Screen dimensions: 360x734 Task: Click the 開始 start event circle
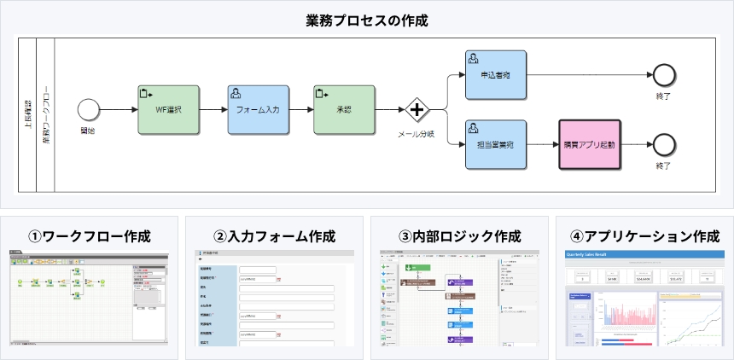88,109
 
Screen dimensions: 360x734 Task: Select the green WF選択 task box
168,110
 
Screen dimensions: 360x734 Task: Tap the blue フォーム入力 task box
258,110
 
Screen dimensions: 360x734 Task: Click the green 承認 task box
344,110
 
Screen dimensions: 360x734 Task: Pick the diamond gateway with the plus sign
417,110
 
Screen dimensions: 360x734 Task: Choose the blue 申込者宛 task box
496,75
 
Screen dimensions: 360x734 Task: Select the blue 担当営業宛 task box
496,144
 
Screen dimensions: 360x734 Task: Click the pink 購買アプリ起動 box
589,144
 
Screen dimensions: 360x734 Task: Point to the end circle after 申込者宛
662,75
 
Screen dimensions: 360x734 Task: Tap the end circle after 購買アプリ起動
662,143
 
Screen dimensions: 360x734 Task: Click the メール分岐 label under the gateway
417,135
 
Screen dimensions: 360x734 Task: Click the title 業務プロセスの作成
366,20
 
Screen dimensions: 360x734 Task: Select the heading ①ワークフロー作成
90,235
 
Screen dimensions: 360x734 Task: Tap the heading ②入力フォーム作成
274,235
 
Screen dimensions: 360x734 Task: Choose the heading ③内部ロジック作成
459,235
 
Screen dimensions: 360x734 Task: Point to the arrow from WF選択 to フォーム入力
213,110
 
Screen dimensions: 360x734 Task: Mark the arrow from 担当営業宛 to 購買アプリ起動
543,144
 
